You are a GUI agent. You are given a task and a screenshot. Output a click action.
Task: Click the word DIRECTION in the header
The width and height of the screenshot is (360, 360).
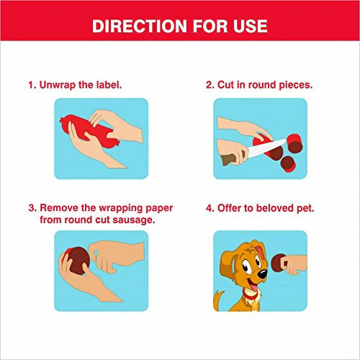(x=140, y=26)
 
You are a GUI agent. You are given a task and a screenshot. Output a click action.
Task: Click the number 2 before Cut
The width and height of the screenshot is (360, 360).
(x=209, y=85)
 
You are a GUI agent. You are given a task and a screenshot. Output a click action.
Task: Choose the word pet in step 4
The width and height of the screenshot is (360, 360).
(x=305, y=208)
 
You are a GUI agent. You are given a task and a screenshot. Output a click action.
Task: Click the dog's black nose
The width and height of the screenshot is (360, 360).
(x=263, y=274)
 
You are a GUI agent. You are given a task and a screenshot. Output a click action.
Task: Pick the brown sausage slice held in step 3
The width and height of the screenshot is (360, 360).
(x=77, y=261)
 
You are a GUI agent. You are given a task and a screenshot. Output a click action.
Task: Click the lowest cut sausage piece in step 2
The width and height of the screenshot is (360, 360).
(x=287, y=164)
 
